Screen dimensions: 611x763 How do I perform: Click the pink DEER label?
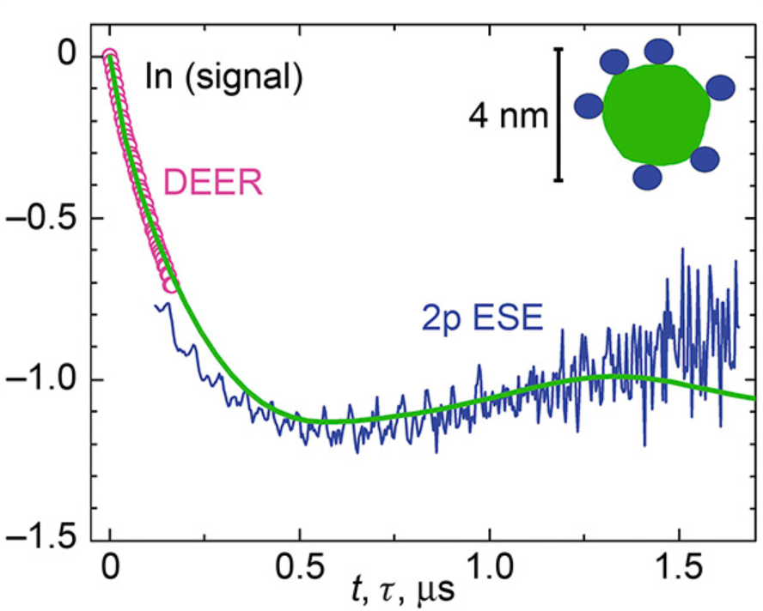213,183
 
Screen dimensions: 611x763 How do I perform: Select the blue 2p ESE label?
483,319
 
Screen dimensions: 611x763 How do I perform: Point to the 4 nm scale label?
508,115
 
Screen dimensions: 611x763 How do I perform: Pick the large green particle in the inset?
656,114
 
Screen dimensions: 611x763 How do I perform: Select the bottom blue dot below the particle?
648,177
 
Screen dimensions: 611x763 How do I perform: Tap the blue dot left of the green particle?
589,106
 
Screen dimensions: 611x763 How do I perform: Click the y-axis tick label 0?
66,57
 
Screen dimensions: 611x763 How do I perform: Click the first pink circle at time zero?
111,57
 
